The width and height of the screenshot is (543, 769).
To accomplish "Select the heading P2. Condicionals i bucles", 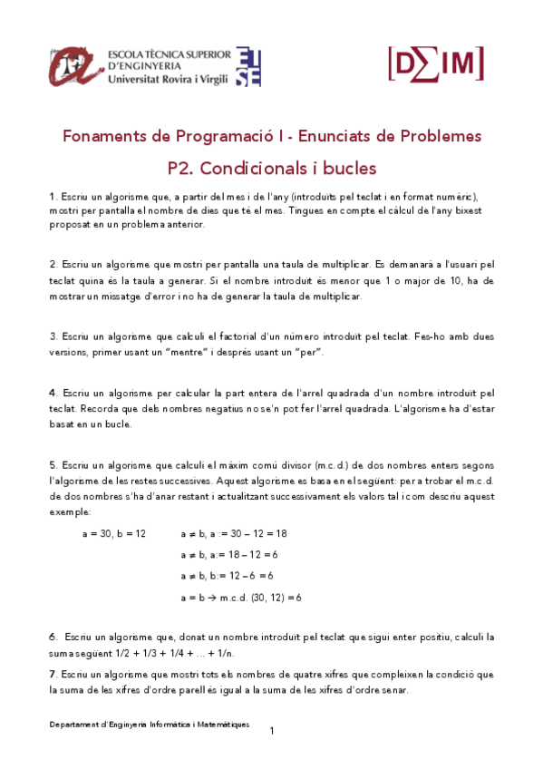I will point(272,168).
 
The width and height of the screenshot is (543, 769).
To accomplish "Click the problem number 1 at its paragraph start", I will point(52,197).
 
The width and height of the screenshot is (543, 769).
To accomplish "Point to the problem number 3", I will point(52,336).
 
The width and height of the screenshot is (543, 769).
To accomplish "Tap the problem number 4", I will point(52,394).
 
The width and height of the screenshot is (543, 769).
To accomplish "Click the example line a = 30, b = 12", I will point(113,534).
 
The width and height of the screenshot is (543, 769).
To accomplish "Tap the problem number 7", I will point(52,675).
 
